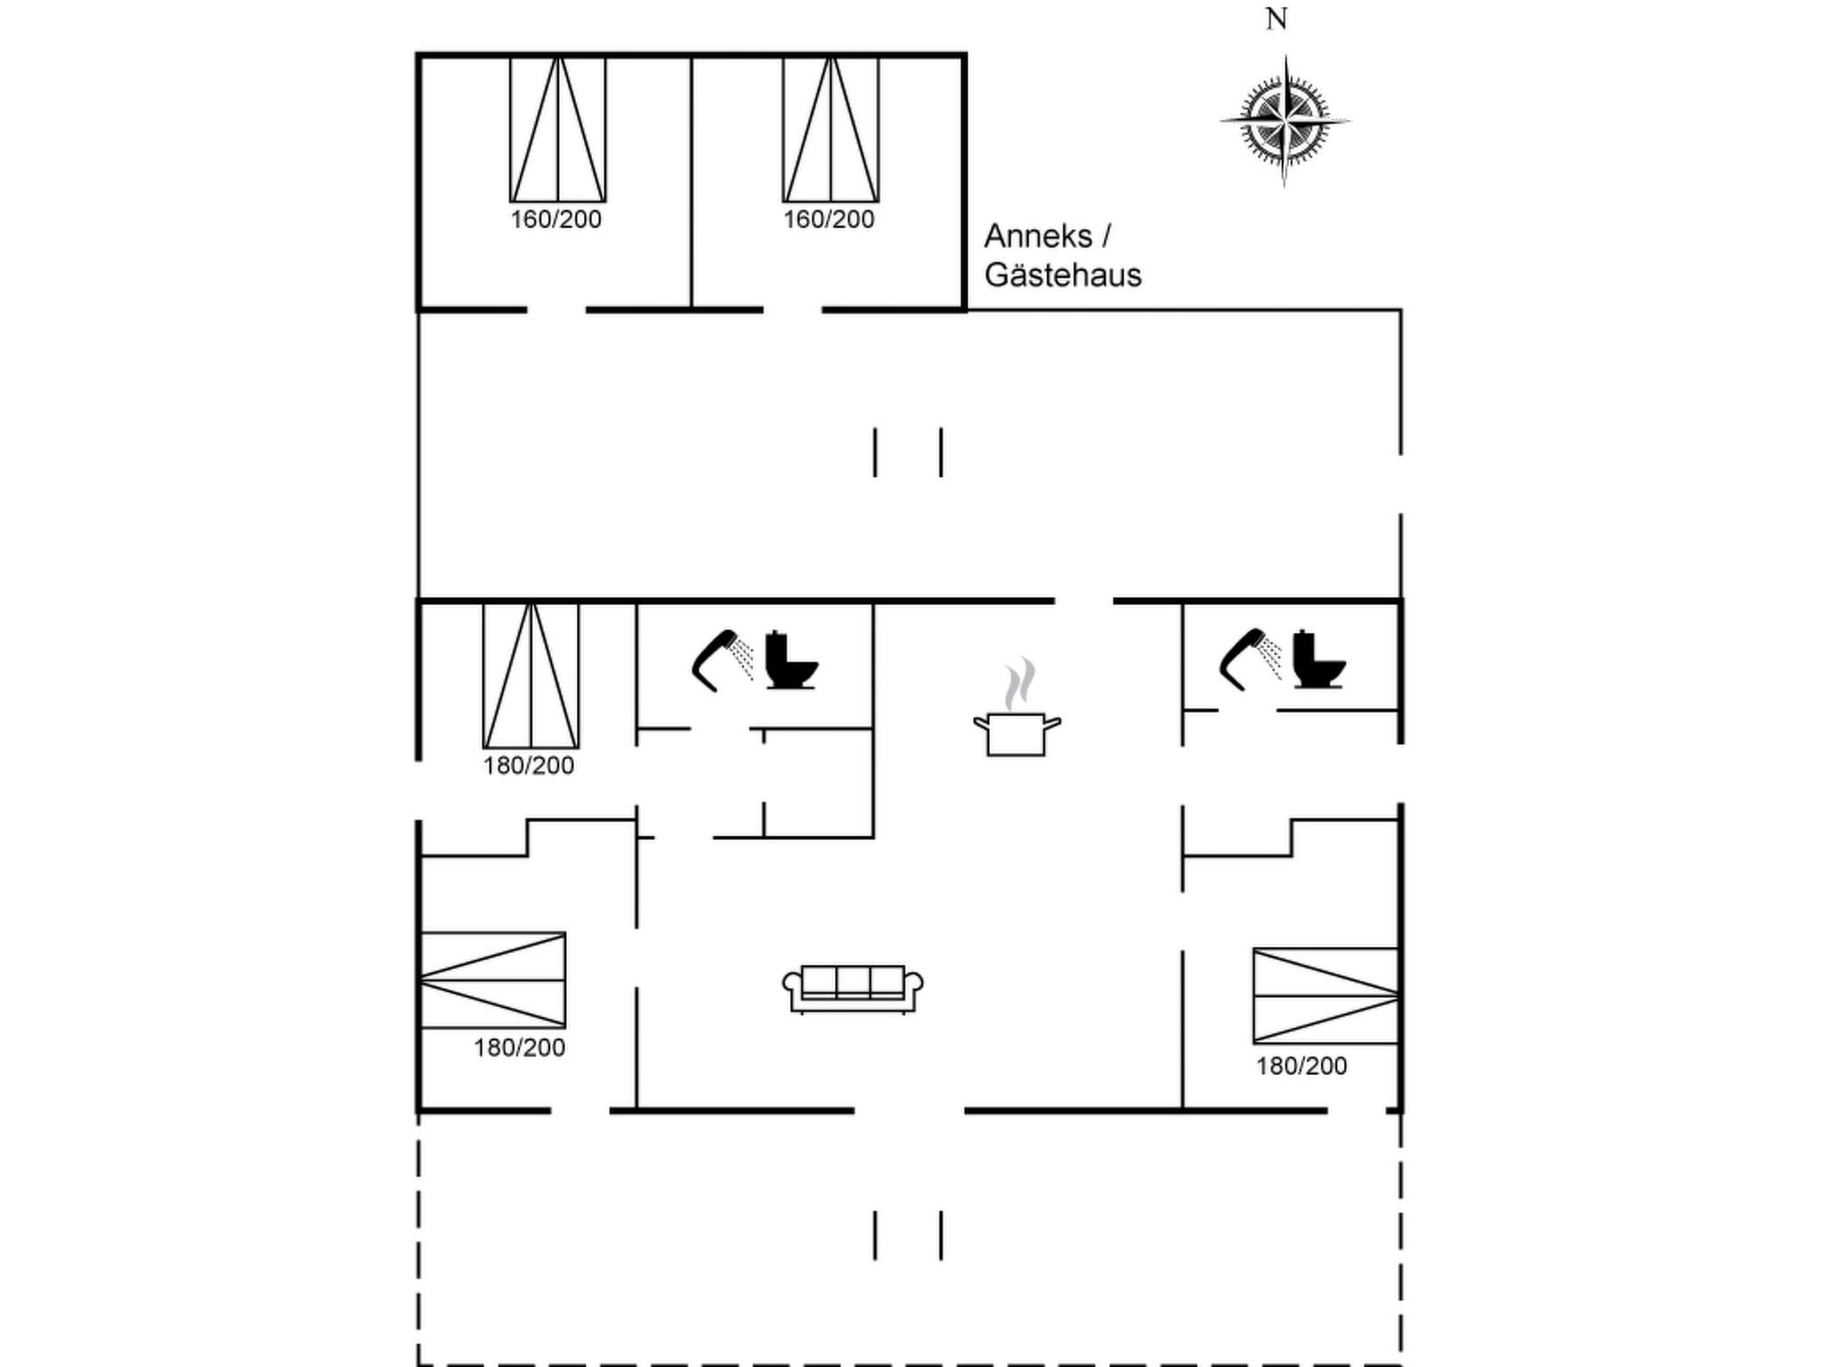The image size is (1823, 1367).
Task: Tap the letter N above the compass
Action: (x=1276, y=19)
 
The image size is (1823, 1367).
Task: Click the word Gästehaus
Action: (x=1062, y=275)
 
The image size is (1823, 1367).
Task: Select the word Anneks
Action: (x=1038, y=237)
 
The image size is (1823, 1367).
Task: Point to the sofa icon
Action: (x=853, y=988)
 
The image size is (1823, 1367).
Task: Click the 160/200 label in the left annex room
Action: (x=555, y=220)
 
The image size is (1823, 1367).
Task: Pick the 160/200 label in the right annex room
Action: (x=829, y=220)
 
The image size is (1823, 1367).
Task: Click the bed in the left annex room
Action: (x=557, y=130)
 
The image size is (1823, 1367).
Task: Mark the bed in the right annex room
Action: (x=830, y=130)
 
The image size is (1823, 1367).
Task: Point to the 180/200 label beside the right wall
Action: (x=1301, y=1066)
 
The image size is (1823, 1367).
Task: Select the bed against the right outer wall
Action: (x=1325, y=996)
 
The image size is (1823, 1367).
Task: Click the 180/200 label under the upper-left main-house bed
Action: (x=528, y=766)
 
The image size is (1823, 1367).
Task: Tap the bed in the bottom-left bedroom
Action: (x=492, y=980)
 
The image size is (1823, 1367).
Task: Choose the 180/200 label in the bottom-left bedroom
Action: (x=519, y=1048)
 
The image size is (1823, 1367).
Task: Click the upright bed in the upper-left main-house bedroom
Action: (x=531, y=675)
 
